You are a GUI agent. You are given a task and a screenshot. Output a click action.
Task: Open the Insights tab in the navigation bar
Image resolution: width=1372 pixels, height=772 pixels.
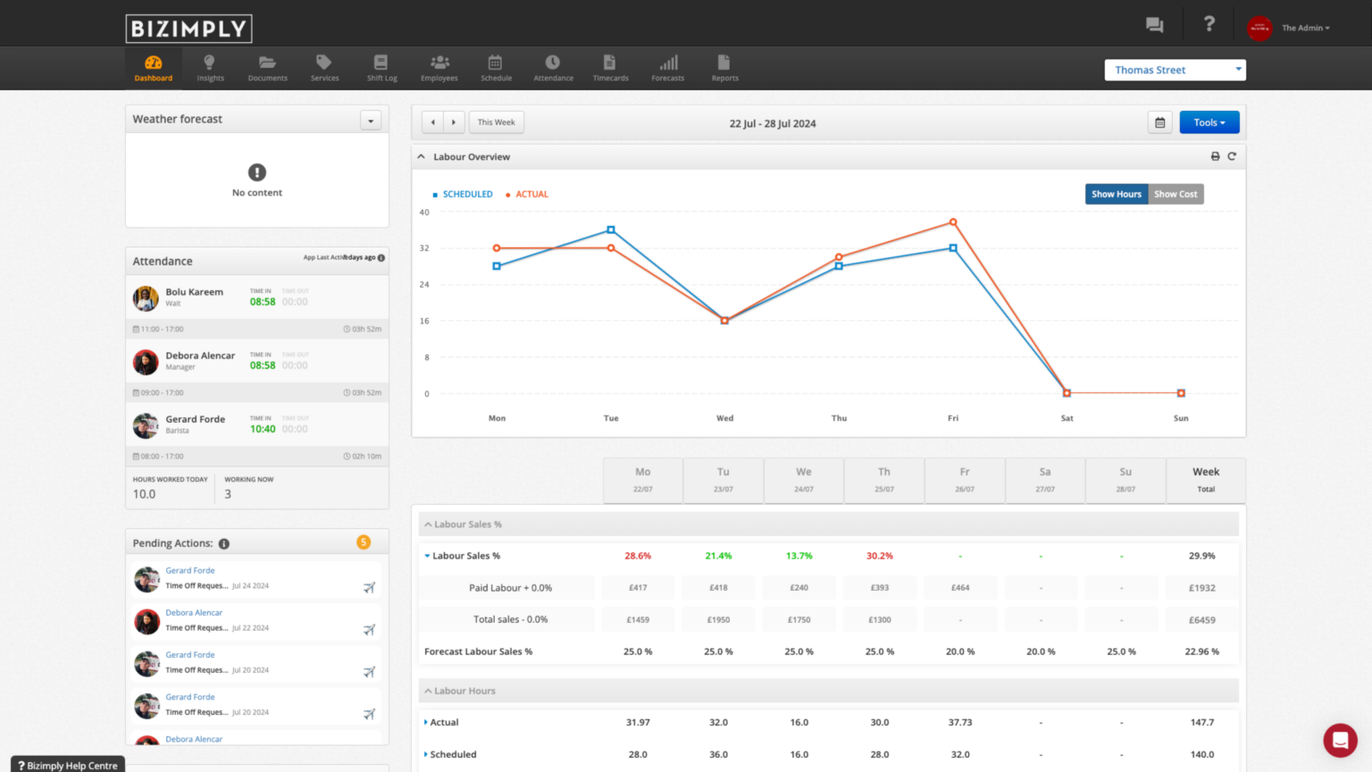point(210,68)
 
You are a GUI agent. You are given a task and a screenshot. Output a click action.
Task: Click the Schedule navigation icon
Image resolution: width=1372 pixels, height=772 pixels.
point(496,68)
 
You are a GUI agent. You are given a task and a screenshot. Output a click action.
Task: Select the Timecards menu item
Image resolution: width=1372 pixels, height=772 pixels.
point(610,68)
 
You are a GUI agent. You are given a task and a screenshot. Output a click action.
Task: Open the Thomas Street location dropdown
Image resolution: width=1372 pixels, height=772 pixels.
point(1175,70)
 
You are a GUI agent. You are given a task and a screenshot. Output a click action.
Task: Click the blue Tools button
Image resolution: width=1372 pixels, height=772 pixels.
point(1209,122)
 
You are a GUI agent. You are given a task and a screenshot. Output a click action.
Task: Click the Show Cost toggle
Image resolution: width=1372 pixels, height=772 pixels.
point(1175,194)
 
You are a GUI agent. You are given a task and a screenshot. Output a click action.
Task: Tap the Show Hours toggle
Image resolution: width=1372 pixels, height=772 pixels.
point(1117,194)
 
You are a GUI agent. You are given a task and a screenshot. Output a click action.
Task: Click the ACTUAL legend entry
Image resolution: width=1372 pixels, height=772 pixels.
point(531,194)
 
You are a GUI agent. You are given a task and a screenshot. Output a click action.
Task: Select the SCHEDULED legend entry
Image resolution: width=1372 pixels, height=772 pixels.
point(467,194)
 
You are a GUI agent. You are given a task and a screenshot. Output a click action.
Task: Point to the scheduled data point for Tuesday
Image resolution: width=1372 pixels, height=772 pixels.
point(611,230)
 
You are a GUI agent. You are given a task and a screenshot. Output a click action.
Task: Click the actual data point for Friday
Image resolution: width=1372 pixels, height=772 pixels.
point(953,222)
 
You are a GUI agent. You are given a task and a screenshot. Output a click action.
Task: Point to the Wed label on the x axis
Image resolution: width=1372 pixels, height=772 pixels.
point(724,418)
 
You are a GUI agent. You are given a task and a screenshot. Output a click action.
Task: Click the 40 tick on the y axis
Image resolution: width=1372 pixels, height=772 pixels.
point(424,213)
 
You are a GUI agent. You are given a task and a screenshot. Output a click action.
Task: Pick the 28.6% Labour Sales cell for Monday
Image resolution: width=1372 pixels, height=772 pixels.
point(638,556)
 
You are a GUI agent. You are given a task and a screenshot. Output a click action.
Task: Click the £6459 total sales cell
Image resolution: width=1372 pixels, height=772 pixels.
point(1201,619)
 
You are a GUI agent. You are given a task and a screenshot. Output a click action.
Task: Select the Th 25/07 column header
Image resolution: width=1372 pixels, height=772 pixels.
point(883,480)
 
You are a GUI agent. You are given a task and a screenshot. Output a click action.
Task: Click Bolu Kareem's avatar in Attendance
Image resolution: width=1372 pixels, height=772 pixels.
point(146,298)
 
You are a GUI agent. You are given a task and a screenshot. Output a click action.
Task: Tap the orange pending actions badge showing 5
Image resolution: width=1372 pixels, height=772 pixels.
point(364,542)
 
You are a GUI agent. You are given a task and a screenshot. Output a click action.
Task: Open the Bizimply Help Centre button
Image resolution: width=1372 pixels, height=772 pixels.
point(68,765)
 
